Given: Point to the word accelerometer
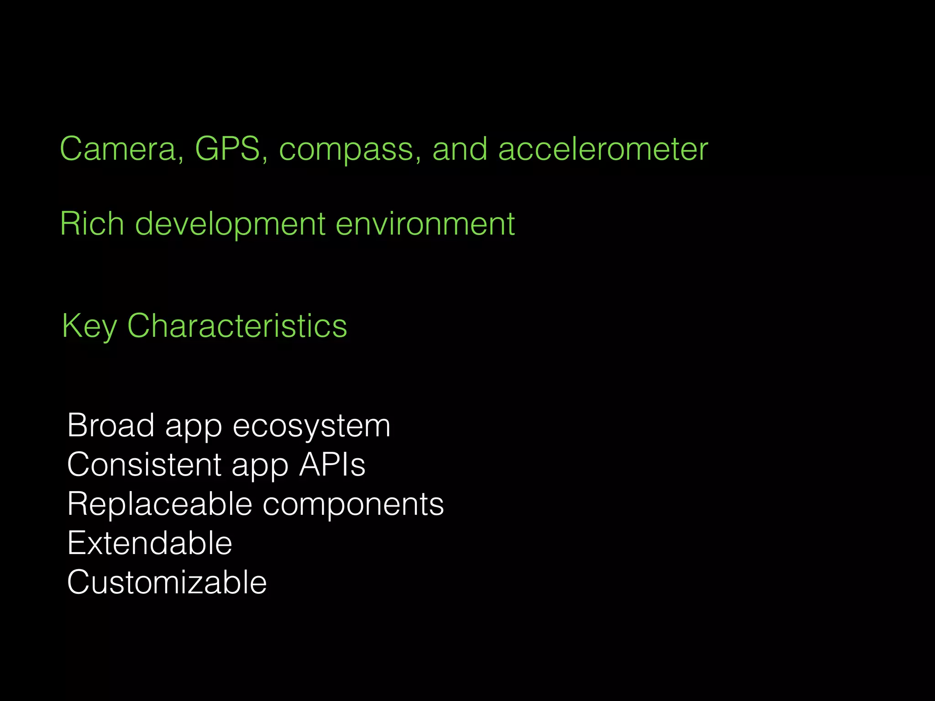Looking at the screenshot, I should point(603,149).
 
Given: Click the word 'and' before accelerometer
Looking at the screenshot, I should point(459,149).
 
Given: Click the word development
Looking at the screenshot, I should point(230,225).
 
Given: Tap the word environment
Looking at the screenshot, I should point(425,224).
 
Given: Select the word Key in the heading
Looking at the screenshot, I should point(89,327).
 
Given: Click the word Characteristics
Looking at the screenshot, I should point(237,326).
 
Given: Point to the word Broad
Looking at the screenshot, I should point(110,425).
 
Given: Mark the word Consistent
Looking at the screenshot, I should point(144,465).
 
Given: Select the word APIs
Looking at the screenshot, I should point(332,465).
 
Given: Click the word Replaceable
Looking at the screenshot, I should point(159,504).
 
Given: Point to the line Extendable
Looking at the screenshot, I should point(149,543).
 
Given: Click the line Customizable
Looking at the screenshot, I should point(167,582).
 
